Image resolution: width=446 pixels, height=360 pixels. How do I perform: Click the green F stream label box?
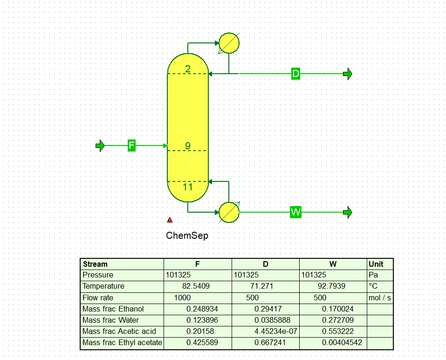click(131, 145)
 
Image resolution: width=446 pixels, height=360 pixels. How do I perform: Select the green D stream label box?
click(295, 74)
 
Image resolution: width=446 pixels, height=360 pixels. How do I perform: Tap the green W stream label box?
click(295, 212)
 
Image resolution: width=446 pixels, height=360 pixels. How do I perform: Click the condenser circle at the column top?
click(229, 43)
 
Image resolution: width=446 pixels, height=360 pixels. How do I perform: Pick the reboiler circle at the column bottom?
click(229, 212)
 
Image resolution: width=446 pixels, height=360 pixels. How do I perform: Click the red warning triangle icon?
click(170, 220)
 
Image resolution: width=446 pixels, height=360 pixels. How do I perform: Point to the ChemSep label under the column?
click(187, 235)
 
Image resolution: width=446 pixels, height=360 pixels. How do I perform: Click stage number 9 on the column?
click(188, 145)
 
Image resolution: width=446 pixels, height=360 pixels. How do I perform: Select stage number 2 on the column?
click(188, 69)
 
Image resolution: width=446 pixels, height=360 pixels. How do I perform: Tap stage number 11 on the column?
click(188, 187)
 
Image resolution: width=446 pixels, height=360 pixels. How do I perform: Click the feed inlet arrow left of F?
click(100, 145)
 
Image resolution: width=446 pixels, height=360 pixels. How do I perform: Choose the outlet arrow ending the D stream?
click(348, 74)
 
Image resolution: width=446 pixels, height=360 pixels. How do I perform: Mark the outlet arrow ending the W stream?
click(348, 212)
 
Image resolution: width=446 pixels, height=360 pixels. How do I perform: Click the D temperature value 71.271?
click(262, 286)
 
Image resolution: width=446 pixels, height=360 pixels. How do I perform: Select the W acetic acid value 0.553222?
click(337, 331)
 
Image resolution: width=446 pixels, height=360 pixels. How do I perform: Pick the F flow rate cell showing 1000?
click(182, 298)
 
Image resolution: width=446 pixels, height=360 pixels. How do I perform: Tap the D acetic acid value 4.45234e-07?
click(275, 331)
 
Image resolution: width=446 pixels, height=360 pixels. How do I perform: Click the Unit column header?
click(376, 264)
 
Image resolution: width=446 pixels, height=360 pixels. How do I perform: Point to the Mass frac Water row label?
click(110, 320)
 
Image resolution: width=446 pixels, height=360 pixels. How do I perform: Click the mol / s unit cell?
click(380, 298)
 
